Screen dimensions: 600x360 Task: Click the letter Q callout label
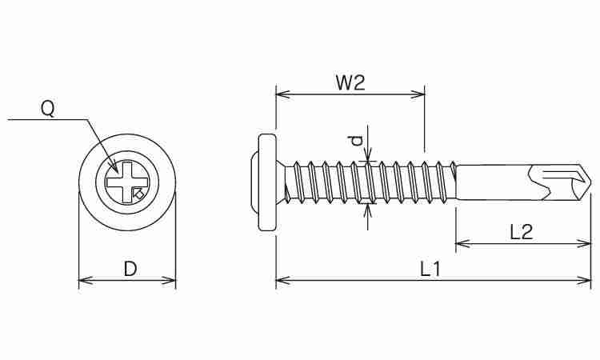point(48,109)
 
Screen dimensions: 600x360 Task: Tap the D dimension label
point(130,269)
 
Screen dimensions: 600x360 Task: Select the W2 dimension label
point(350,82)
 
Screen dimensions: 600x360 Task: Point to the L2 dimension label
point(521,232)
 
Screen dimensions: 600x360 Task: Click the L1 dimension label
point(430,270)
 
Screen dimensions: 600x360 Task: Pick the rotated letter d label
point(356,141)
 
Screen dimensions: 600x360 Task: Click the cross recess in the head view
point(126,182)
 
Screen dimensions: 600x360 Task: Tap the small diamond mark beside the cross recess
point(139,194)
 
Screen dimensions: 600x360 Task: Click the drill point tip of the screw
point(590,182)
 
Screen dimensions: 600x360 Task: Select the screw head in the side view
point(266,182)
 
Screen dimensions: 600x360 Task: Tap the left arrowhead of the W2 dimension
point(283,94)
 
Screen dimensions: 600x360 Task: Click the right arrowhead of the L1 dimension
point(584,281)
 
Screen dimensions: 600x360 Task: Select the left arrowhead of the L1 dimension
point(283,281)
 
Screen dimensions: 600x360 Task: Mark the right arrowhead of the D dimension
point(169,281)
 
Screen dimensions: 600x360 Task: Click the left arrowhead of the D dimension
point(86,281)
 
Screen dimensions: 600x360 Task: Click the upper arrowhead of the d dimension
point(368,154)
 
